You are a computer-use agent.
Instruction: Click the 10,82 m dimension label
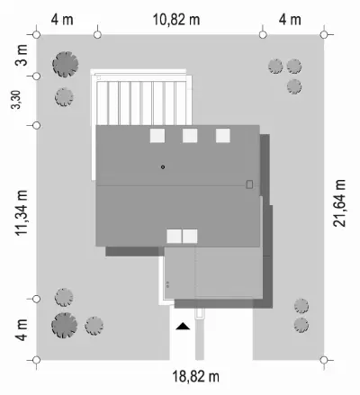click(x=176, y=20)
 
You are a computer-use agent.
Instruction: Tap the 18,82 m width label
click(x=195, y=376)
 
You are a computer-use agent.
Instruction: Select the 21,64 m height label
click(x=339, y=203)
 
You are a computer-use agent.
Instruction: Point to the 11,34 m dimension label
click(x=22, y=212)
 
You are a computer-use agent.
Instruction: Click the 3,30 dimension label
click(x=16, y=99)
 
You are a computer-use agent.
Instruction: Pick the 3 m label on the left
click(x=22, y=55)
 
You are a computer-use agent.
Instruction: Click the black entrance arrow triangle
click(x=183, y=327)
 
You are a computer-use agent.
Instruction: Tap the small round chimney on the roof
click(x=163, y=167)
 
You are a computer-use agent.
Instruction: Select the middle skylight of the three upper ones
click(x=190, y=136)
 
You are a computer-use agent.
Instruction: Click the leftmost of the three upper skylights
click(x=157, y=136)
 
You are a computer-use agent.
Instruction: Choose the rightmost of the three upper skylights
click(x=223, y=136)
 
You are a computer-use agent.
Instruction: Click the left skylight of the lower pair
click(x=174, y=237)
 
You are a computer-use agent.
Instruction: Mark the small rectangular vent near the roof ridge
click(x=249, y=184)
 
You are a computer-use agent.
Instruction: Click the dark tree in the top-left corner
click(x=66, y=64)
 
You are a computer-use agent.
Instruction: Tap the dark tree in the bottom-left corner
click(x=64, y=326)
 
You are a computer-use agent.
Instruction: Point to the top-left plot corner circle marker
click(x=36, y=35)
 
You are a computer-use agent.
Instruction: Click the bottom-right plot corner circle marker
click(x=324, y=360)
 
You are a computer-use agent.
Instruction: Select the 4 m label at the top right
click(x=290, y=20)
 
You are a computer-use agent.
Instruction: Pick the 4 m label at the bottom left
click(x=22, y=330)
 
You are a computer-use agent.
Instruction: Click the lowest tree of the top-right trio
click(x=294, y=86)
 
